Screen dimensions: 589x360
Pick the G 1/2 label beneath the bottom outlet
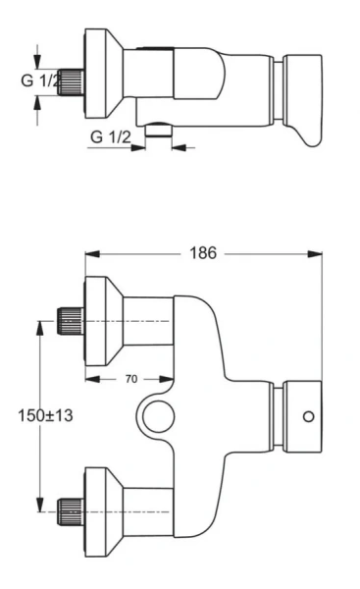[112, 135]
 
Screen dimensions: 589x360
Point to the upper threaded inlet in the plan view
[70, 320]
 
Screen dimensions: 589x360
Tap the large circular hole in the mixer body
[157, 416]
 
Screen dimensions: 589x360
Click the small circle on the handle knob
[309, 417]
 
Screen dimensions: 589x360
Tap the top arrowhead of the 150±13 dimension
[40, 325]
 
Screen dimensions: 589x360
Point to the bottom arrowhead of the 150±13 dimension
[40, 508]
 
